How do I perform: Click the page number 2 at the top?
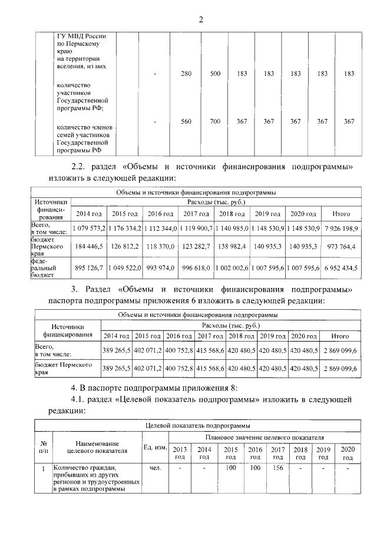[200, 19]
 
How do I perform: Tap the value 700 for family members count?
[215, 121]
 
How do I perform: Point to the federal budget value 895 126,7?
[88, 268]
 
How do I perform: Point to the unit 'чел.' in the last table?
[156, 468]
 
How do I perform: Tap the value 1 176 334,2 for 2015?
[124, 227]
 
